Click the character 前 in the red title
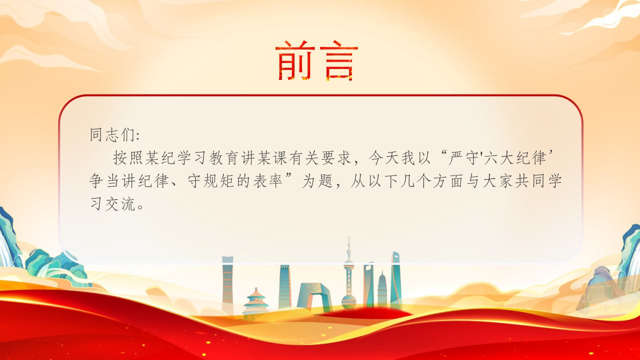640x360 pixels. point(295,60)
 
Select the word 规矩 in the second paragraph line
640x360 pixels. point(219,180)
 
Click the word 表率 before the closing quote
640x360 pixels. point(267,180)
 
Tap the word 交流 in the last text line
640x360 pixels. point(120,204)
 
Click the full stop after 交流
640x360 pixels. point(140,207)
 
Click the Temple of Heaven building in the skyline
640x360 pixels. point(255,303)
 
